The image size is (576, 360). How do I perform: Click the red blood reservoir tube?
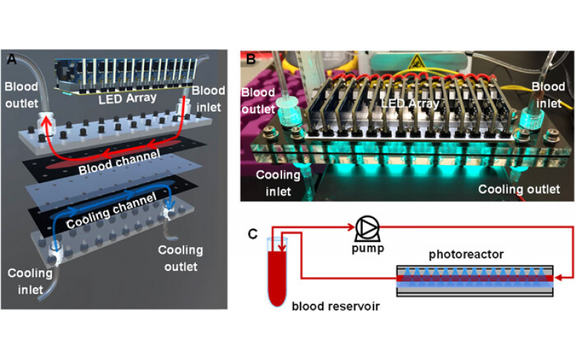[277, 274]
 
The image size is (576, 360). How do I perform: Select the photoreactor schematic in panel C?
[476, 279]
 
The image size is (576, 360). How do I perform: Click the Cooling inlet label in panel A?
[28, 280]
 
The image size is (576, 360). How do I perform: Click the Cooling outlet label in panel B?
[518, 189]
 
